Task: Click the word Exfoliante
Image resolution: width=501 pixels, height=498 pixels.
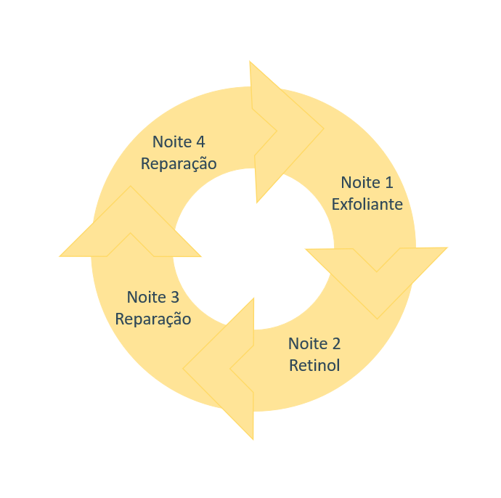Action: pyautogui.click(x=367, y=205)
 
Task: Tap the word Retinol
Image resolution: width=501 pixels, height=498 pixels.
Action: pyautogui.click(x=314, y=364)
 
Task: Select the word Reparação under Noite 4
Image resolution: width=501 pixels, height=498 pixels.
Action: pyautogui.click(x=179, y=164)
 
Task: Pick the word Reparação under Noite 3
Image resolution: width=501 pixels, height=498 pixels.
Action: pyautogui.click(x=153, y=319)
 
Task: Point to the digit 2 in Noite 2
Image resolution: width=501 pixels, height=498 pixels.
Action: pyautogui.click(x=335, y=343)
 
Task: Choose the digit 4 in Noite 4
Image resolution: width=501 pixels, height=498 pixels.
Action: pyautogui.click(x=200, y=142)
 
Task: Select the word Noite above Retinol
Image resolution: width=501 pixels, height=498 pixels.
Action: pyautogui.click(x=307, y=343)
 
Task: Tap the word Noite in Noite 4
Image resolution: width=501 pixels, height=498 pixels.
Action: pyautogui.click(x=172, y=142)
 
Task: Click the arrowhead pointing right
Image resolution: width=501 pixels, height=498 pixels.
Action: pyautogui.click(x=290, y=131)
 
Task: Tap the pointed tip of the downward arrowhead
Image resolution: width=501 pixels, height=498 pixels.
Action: pyautogui.click(x=376, y=317)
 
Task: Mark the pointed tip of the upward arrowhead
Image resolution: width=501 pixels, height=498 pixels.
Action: pyautogui.click(x=131, y=187)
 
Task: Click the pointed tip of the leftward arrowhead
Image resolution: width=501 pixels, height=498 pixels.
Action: pyautogui.click(x=184, y=369)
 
